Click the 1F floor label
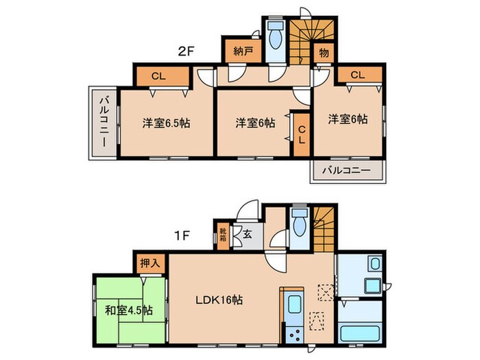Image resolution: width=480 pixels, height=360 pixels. [180, 235]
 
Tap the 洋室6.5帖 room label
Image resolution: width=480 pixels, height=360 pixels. [167, 123]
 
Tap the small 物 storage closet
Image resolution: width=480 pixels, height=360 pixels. [322, 53]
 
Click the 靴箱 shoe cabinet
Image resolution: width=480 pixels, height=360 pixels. [224, 235]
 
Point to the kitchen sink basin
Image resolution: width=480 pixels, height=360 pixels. [294, 306]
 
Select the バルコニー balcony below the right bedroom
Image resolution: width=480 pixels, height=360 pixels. [347, 170]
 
